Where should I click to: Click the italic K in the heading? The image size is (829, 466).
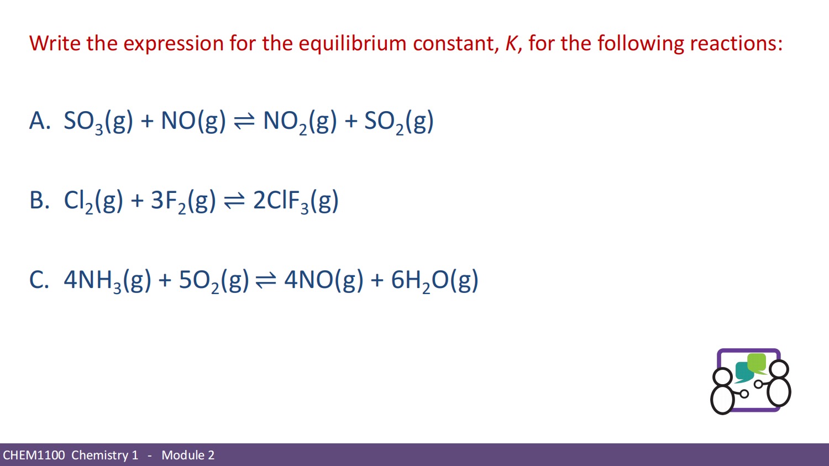click(x=511, y=43)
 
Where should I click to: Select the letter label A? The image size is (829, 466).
click(x=39, y=121)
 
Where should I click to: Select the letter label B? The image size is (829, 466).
click(x=39, y=200)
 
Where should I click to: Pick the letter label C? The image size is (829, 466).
click(x=39, y=280)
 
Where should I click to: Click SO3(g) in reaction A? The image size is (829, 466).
click(x=98, y=121)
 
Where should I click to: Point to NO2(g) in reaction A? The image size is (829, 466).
click(x=300, y=121)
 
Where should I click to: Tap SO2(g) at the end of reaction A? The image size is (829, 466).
click(x=398, y=121)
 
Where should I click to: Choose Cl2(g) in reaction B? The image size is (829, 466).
click(x=93, y=201)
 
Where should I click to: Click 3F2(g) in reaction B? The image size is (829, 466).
click(x=183, y=201)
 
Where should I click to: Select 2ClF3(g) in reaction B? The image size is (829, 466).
click(x=296, y=201)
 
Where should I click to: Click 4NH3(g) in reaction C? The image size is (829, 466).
click(x=107, y=280)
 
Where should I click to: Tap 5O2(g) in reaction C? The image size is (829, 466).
click(x=214, y=280)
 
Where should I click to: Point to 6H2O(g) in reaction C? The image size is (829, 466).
click(x=434, y=280)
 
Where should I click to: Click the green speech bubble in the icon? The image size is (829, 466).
click(x=757, y=363)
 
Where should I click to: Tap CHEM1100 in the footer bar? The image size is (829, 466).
click(x=34, y=455)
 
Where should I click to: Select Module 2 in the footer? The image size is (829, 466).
click(x=188, y=455)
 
